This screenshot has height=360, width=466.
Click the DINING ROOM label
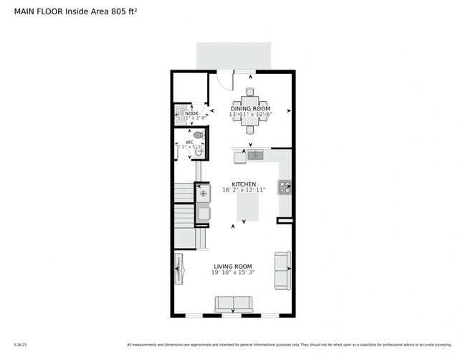click(249, 108)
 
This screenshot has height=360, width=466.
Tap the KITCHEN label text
click(244, 184)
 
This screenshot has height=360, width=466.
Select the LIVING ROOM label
click(233, 266)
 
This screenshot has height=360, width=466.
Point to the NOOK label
click(191, 113)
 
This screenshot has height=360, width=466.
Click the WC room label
click(189, 142)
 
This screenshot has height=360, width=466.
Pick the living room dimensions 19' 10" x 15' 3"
click(233, 273)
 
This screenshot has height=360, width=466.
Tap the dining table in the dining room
click(251, 111)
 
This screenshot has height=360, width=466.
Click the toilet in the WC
click(199, 134)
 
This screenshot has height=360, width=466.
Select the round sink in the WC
click(199, 151)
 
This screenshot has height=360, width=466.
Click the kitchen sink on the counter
click(256, 154)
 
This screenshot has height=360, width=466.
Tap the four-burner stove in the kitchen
click(285, 188)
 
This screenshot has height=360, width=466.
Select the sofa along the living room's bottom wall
click(233, 305)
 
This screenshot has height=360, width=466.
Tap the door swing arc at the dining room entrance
click(224, 81)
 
